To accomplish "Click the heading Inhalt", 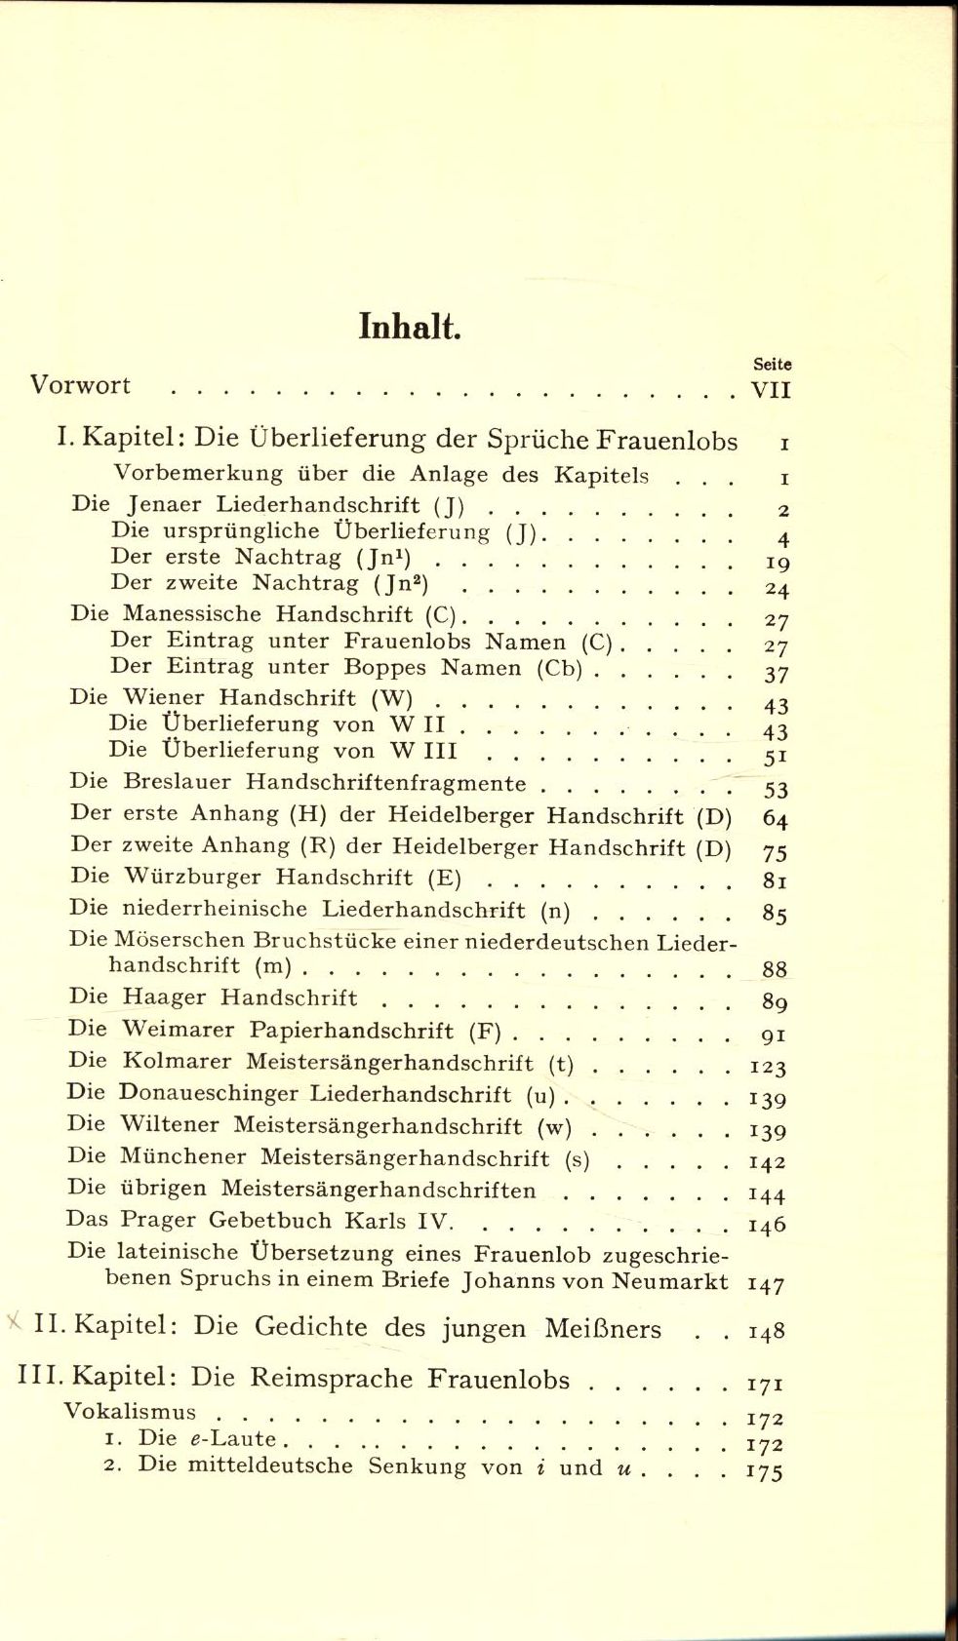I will point(410,327).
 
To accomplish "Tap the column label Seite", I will point(772,365).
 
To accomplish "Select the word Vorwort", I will point(80,385).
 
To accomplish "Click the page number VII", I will point(771,391).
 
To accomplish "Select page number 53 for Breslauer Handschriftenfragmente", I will point(776,789).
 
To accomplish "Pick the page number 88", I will point(775,969).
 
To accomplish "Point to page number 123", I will point(768,1067).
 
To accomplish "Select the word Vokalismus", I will point(130,1412).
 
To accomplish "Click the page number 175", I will point(766,1472).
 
